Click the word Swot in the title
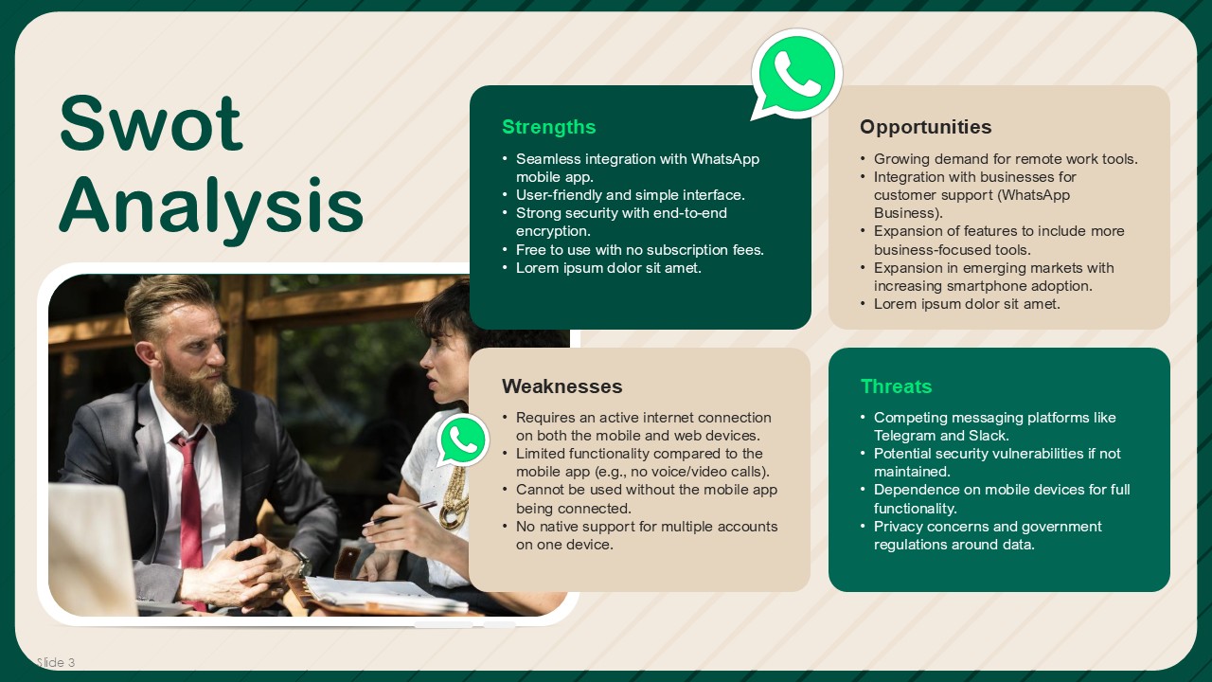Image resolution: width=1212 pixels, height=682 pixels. pos(151,124)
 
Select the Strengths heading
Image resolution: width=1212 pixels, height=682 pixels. pos(548,127)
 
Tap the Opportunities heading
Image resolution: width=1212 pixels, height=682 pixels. pos(926,127)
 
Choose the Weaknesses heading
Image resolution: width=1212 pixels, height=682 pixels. pos(562,386)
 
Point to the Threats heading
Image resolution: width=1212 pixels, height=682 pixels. pos(896,386)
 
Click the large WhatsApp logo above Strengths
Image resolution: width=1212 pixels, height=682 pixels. pos(796,75)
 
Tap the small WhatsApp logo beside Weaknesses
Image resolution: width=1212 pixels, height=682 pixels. pos(463,440)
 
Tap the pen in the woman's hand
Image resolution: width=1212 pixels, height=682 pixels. pos(400,513)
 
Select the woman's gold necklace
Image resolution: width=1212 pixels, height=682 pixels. pos(454,498)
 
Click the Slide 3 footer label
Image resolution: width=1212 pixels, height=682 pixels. pos(56,662)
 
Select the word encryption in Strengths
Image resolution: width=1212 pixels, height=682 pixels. pos(553,232)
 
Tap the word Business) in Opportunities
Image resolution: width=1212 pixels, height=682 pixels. pos(908,213)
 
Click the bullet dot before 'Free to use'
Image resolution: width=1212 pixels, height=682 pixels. pos(505,250)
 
